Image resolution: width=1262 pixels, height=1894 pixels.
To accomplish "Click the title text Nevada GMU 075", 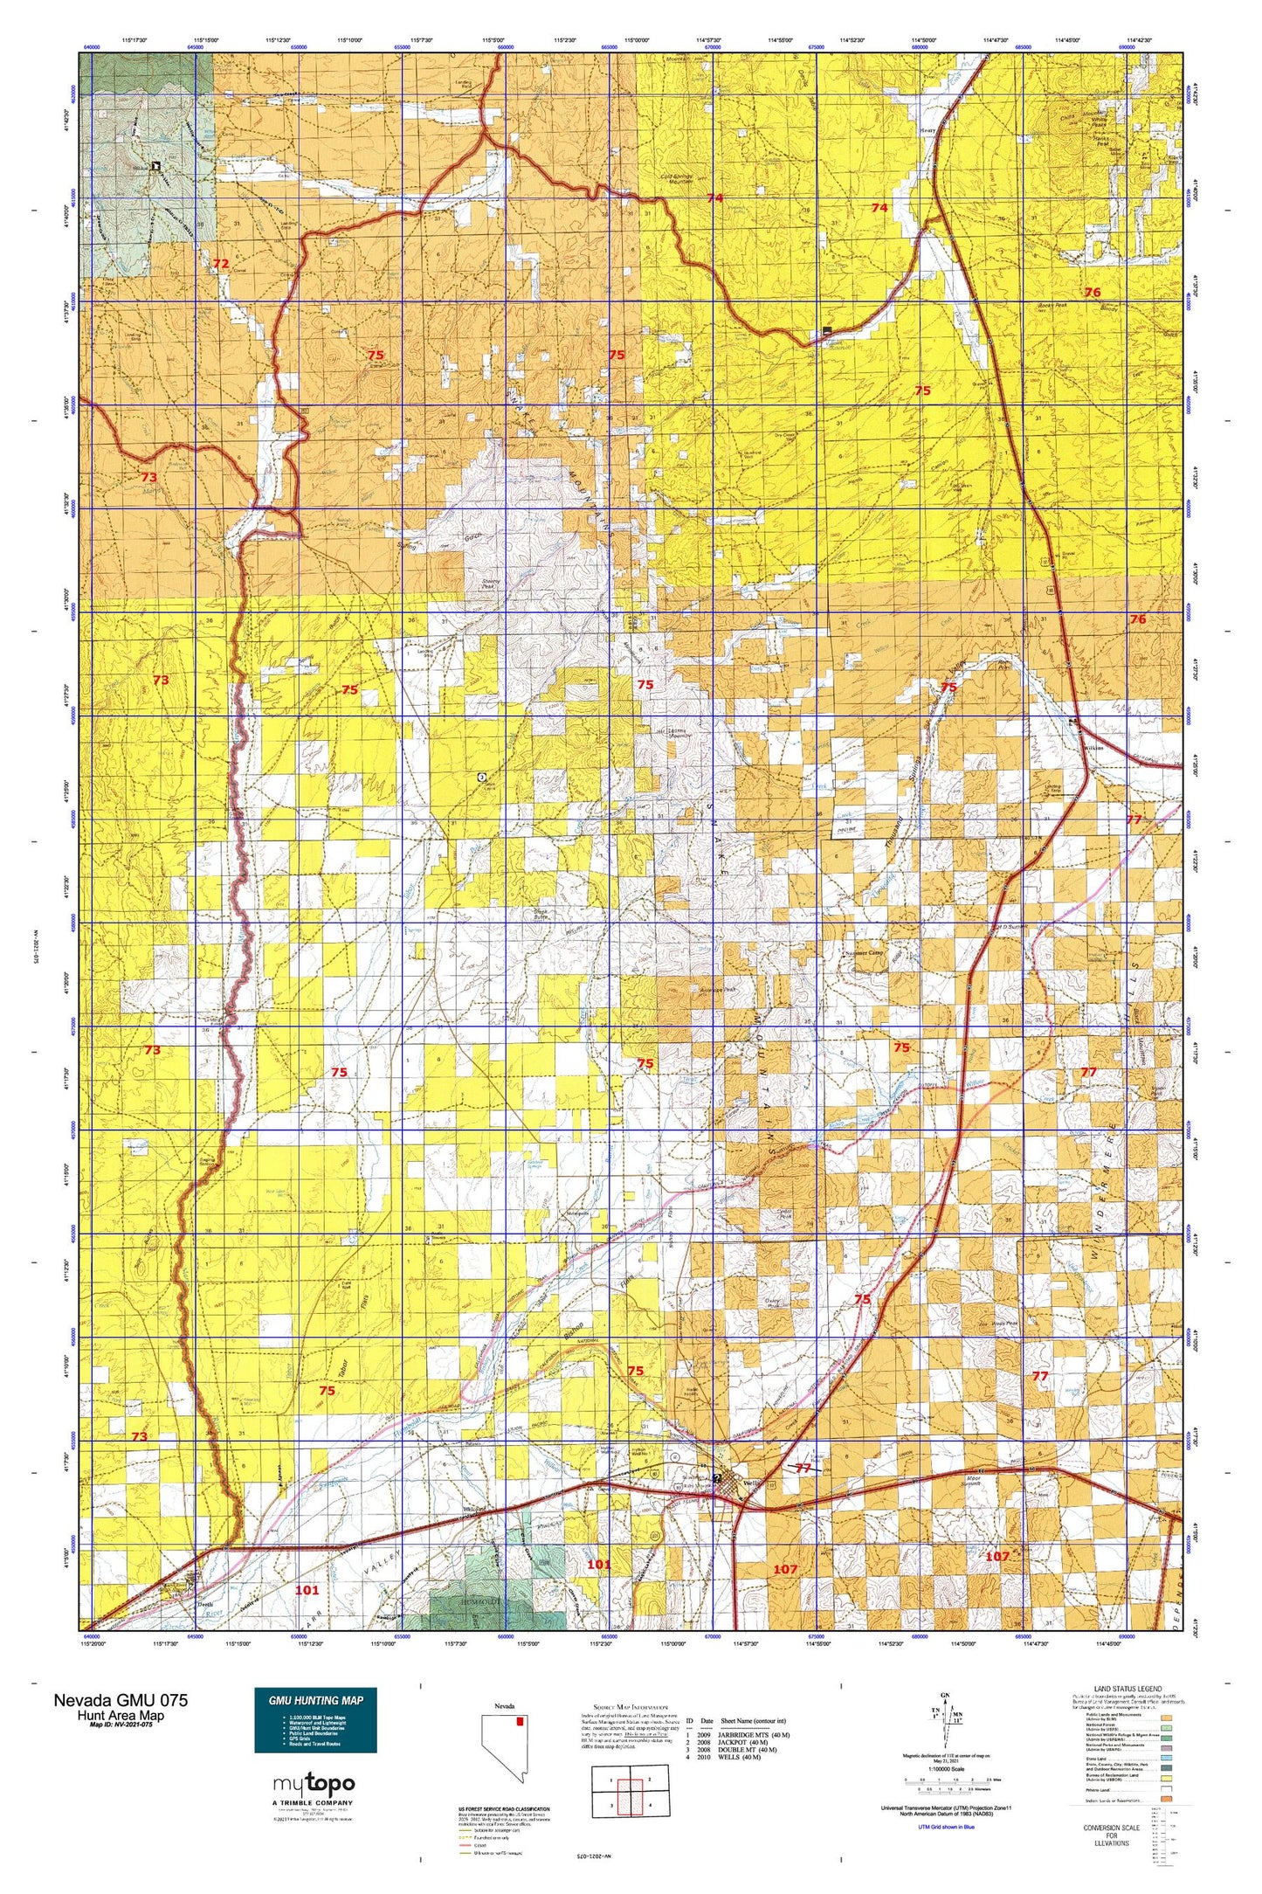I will tap(120, 1700).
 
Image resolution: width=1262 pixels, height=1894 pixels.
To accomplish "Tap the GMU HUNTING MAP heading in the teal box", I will tap(315, 1700).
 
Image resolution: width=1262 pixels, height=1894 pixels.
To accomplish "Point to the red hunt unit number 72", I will tap(221, 263).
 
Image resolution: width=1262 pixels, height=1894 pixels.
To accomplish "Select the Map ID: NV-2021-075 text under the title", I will tap(121, 1725).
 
